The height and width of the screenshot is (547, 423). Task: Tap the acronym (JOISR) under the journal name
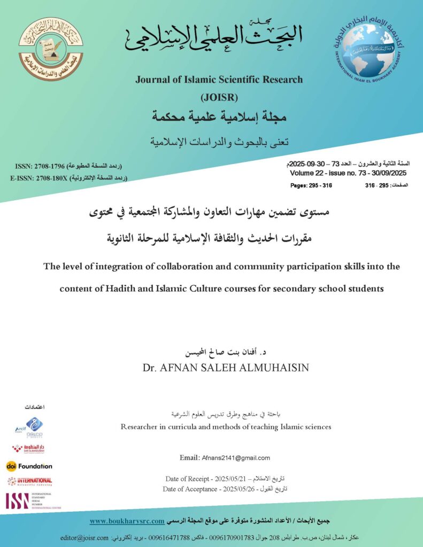(x=219, y=97)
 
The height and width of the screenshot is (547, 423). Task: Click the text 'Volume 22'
(x=307, y=174)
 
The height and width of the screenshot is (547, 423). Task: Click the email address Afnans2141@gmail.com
(x=235, y=458)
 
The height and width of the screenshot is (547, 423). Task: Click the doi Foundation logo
(x=29, y=466)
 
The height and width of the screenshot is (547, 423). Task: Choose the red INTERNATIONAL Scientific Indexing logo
(x=29, y=481)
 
